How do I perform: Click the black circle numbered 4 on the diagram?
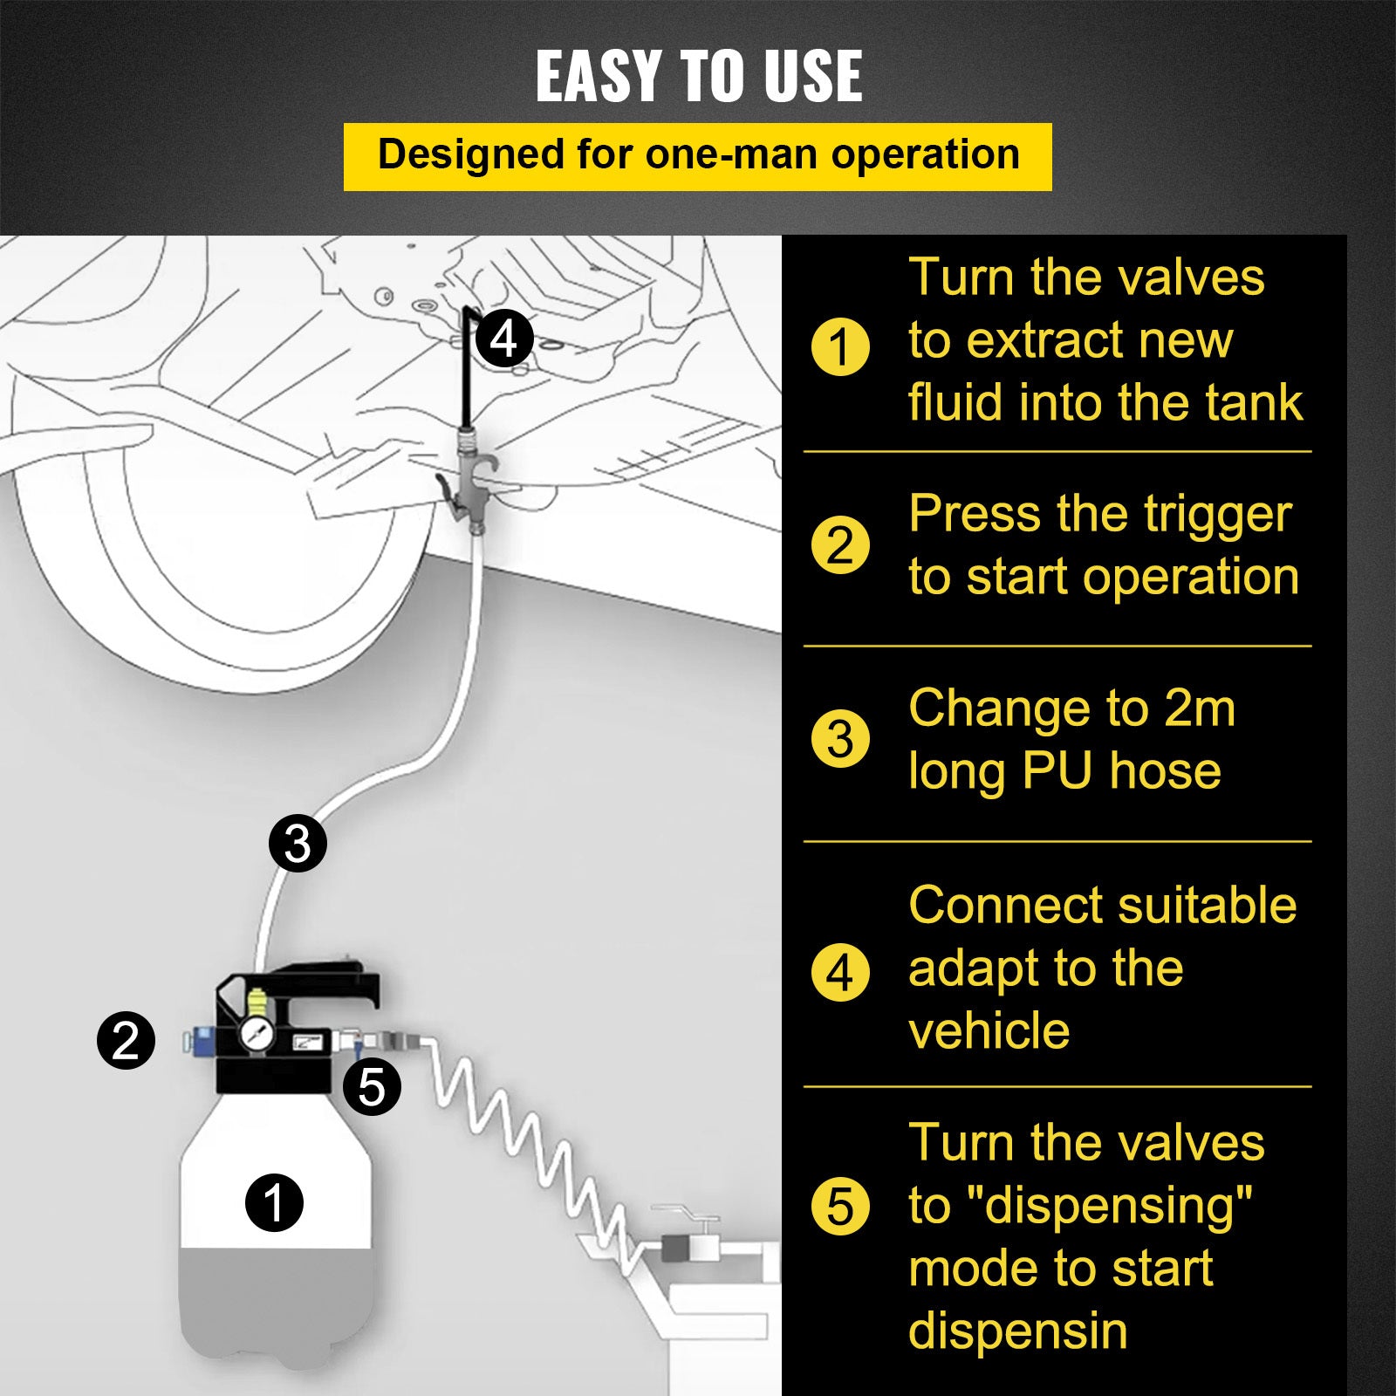(x=504, y=339)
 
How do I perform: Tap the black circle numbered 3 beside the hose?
(x=298, y=843)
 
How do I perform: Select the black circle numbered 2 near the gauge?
(x=126, y=1040)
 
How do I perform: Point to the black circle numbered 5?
(x=372, y=1086)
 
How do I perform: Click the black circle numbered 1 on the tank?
(x=274, y=1202)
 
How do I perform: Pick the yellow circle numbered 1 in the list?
(x=839, y=346)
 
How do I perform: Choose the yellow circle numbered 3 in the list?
(x=839, y=739)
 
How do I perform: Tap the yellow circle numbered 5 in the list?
(x=839, y=1207)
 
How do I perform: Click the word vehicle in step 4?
(x=989, y=1031)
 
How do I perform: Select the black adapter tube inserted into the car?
(x=469, y=366)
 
